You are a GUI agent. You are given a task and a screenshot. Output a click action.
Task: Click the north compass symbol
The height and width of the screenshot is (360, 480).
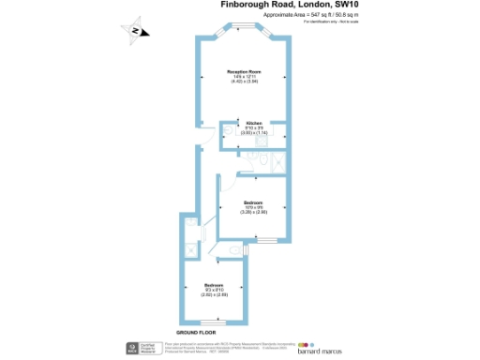(x=137, y=32)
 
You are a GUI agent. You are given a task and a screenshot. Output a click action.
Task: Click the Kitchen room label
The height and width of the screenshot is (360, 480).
(x=254, y=123)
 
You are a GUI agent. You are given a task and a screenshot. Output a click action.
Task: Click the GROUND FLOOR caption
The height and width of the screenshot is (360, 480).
(x=196, y=333)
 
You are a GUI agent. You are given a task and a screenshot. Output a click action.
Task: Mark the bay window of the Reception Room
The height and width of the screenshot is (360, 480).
(x=249, y=28)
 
